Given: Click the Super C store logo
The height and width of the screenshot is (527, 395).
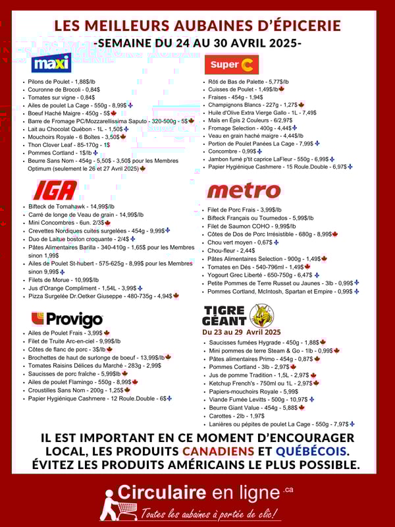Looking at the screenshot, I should (231, 64).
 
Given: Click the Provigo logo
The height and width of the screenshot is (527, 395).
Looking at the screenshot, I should (67, 319).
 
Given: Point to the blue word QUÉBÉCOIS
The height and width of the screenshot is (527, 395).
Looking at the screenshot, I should (311, 451).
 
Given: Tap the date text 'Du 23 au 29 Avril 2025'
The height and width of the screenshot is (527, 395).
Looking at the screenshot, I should (241, 332).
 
